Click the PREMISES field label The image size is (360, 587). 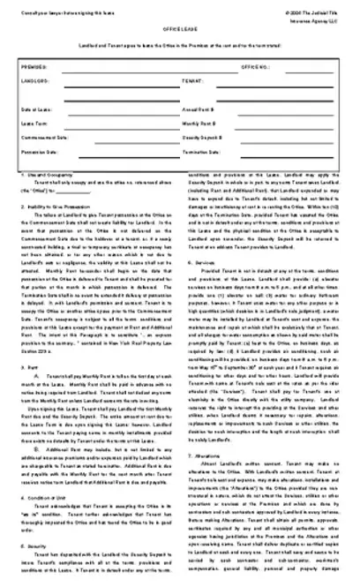(32, 66)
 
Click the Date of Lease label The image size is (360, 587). (33, 109)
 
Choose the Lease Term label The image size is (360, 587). (32, 124)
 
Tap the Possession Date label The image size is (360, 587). (36, 152)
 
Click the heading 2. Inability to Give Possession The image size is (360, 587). (54, 206)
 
